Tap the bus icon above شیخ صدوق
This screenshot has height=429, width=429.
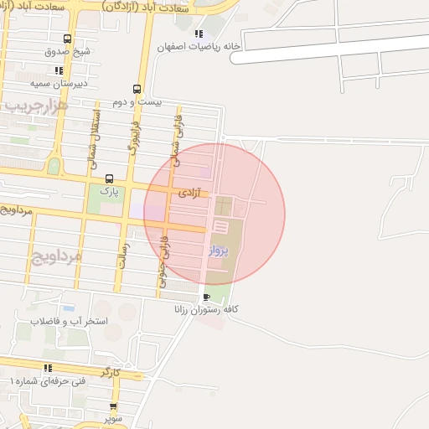point(67,39)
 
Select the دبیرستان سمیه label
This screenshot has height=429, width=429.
point(59,84)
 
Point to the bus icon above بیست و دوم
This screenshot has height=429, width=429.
point(137,89)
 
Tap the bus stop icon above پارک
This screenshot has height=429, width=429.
point(109,178)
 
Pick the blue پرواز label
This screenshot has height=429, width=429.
point(218,250)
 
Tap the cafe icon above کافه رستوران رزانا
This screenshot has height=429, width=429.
point(207,297)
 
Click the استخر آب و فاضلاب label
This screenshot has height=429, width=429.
point(69,320)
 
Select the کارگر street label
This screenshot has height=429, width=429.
point(111,371)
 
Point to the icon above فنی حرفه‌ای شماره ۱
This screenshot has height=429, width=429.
point(49,368)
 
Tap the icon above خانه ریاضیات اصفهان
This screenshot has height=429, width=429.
point(199,34)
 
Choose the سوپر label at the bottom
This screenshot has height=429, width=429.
point(113,416)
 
